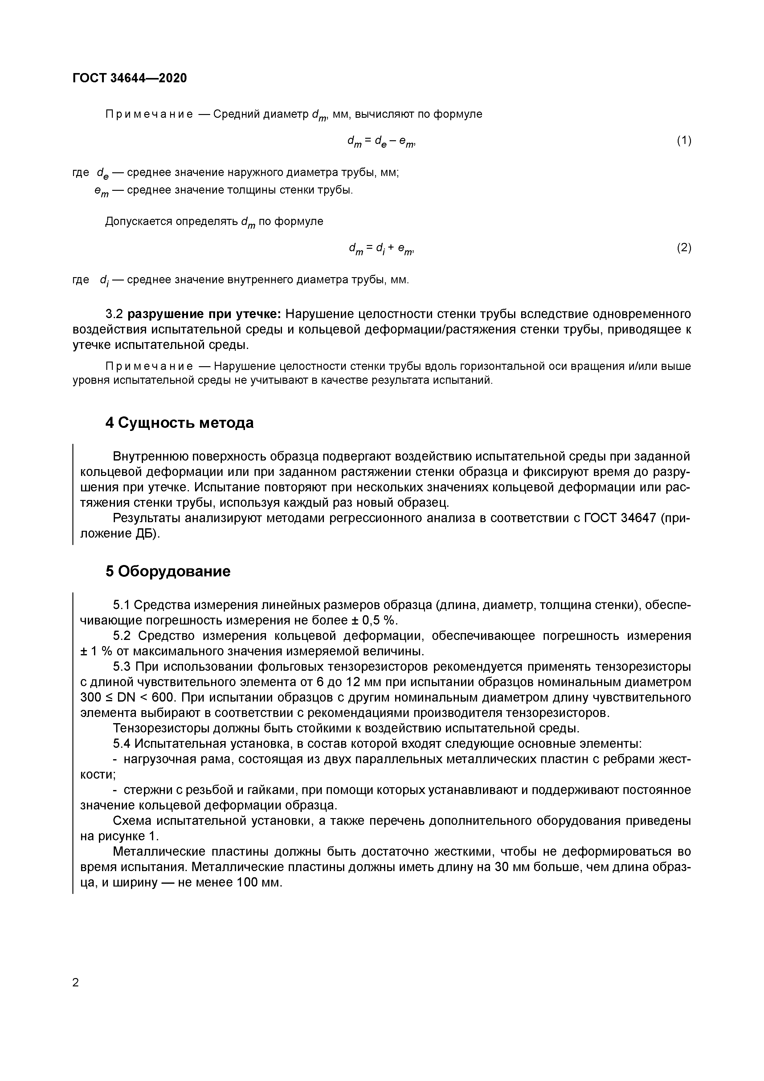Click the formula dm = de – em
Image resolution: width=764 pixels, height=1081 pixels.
click(381, 141)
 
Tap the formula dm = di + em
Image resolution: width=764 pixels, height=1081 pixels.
click(381, 248)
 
